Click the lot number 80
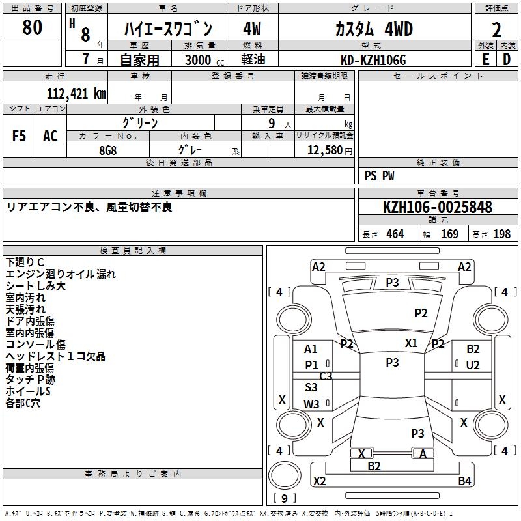[32, 27]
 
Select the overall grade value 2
[496, 30]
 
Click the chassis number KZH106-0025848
[437, 207]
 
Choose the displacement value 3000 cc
[204, 60]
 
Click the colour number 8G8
[108, 150]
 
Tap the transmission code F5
[20, 135]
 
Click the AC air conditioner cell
[50, 135]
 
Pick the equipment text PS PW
[379, 175]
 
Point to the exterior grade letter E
[485, 59]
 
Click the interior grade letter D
[506, 59]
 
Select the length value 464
[395, 234]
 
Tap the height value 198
[501, 234]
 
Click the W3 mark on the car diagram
[311, 404]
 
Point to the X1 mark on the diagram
[411, 343]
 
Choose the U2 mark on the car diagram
[473, 365]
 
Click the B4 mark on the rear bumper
[464, 481]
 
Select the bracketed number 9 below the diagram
[285, 498]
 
